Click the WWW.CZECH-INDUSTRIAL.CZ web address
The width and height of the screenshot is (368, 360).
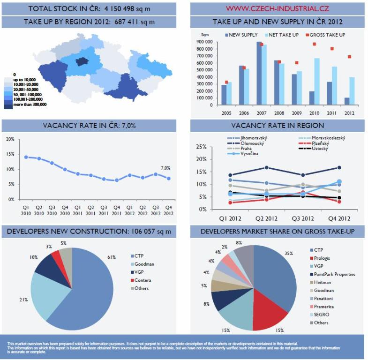point(277,8)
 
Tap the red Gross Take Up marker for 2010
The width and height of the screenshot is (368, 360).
point(314,44)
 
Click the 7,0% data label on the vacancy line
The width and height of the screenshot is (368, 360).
point(165,167)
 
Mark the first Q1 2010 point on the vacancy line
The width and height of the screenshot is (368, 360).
point(26,157)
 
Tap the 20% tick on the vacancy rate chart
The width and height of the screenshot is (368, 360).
point(10,139)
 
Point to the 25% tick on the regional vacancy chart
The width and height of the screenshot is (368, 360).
point(201,147)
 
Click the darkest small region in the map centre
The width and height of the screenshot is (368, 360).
point(83,61)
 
